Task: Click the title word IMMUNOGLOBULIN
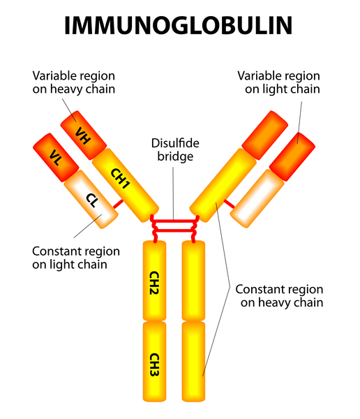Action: pyautogui.click(x=178, y=26)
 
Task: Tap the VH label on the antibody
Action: pyautogui.click(x=83, y=135)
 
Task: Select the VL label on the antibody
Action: pyautogui.click(x=56, y=157)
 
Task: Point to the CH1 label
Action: pyautogui.click(x=121, y=178)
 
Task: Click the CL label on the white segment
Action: pyautogui.click(x=92, y=200)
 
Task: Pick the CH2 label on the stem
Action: pyautogui.click(x=154, y=283)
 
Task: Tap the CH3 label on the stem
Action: pyautogui.click(x=154, y=365)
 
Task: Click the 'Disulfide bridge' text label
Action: pyautogui.click(x=175, y=150)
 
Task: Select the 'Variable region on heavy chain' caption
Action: pyautogui.click(x=74, y=82)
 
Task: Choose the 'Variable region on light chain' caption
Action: pyautogui.click(x=279, y=82)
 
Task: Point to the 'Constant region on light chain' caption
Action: pyautogui.click(x=76, y=258)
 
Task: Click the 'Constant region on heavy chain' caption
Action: pyautogui.click(x=279, y=296)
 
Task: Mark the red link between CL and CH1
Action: pyautogui.click(x=118, y=204)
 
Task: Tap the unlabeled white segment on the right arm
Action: pyautogui.click(x=257, y=198)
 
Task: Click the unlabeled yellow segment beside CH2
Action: pyautogui.click(x=193, y=280)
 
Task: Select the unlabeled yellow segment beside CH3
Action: pyautogui.click(x=193, y=361)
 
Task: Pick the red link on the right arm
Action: pyautogui.click(x=229, y=204)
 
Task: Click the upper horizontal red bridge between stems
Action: pyautogui.click(x=174, y=221)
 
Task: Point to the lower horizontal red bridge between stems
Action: pyautogui.click(x=174, y=230)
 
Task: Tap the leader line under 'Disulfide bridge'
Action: pyautogui.click(x=173, y=193)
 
